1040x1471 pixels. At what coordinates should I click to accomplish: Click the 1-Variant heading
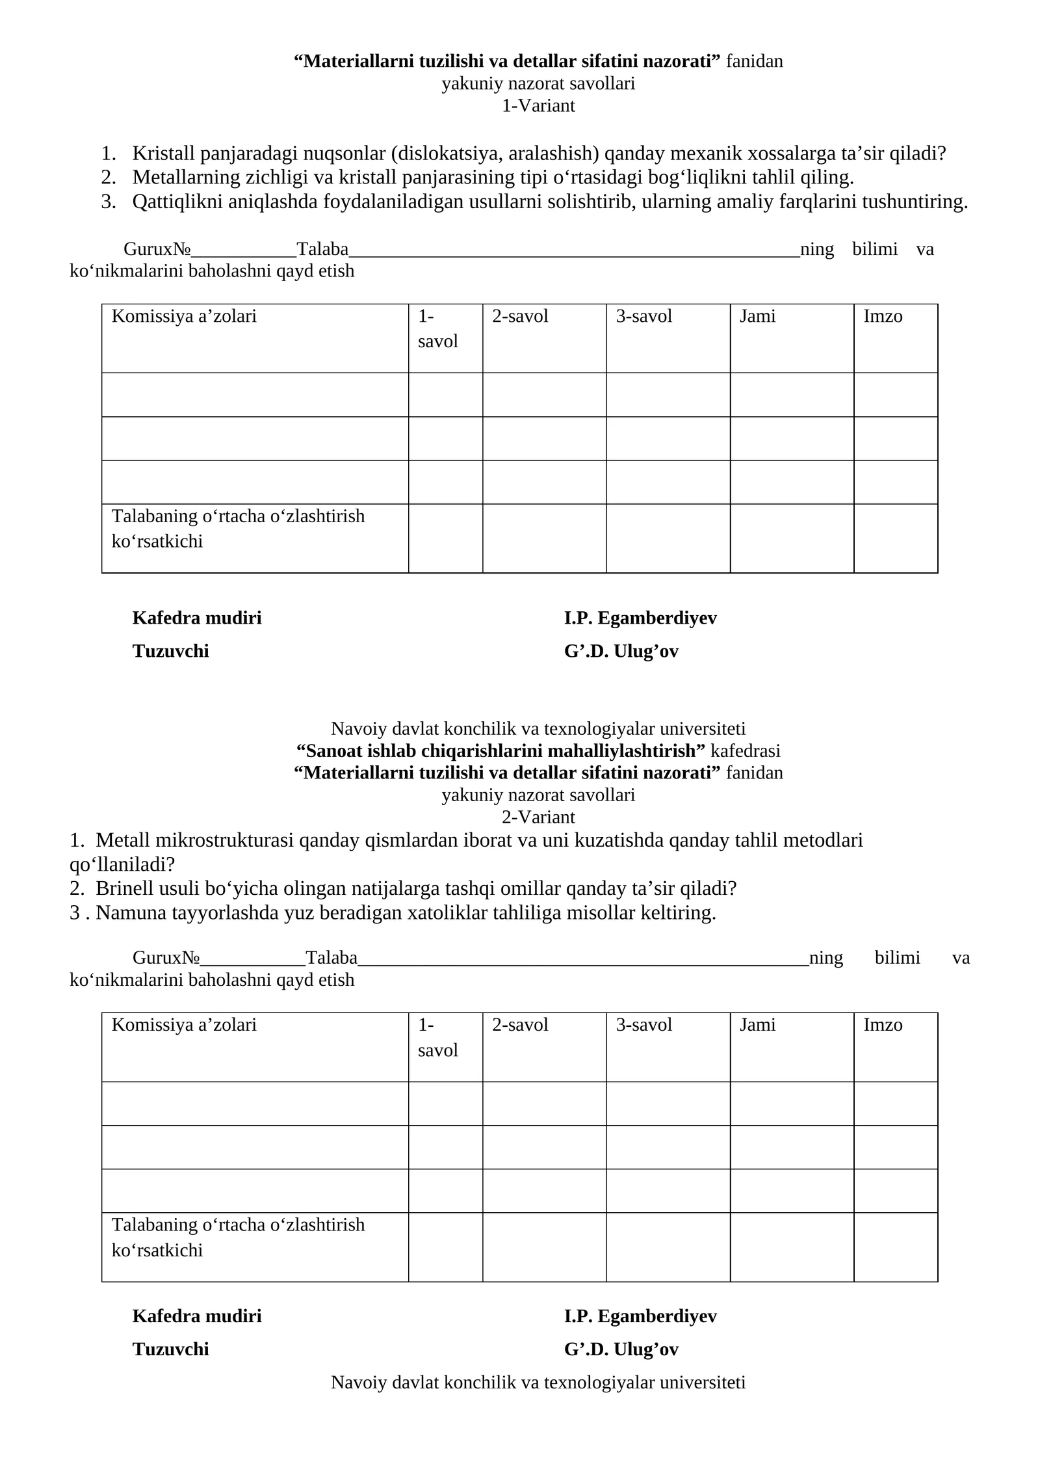538,105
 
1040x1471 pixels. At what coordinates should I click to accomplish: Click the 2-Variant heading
538,817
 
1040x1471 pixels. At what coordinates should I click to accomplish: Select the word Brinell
124,888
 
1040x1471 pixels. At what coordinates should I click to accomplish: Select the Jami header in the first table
757,317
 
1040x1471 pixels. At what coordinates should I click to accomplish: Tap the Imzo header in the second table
883,1026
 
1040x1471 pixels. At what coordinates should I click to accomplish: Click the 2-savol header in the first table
520,317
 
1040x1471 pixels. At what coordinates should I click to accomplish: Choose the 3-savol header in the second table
643,1026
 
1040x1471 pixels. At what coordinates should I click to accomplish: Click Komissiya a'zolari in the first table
184,317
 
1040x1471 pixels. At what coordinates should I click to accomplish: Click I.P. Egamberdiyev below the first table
640,618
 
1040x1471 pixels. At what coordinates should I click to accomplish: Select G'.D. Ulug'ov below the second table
621,1349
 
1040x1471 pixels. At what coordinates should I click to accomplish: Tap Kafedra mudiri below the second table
197,1316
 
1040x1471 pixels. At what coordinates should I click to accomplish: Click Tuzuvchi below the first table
171,651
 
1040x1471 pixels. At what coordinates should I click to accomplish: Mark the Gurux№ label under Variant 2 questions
166,958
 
